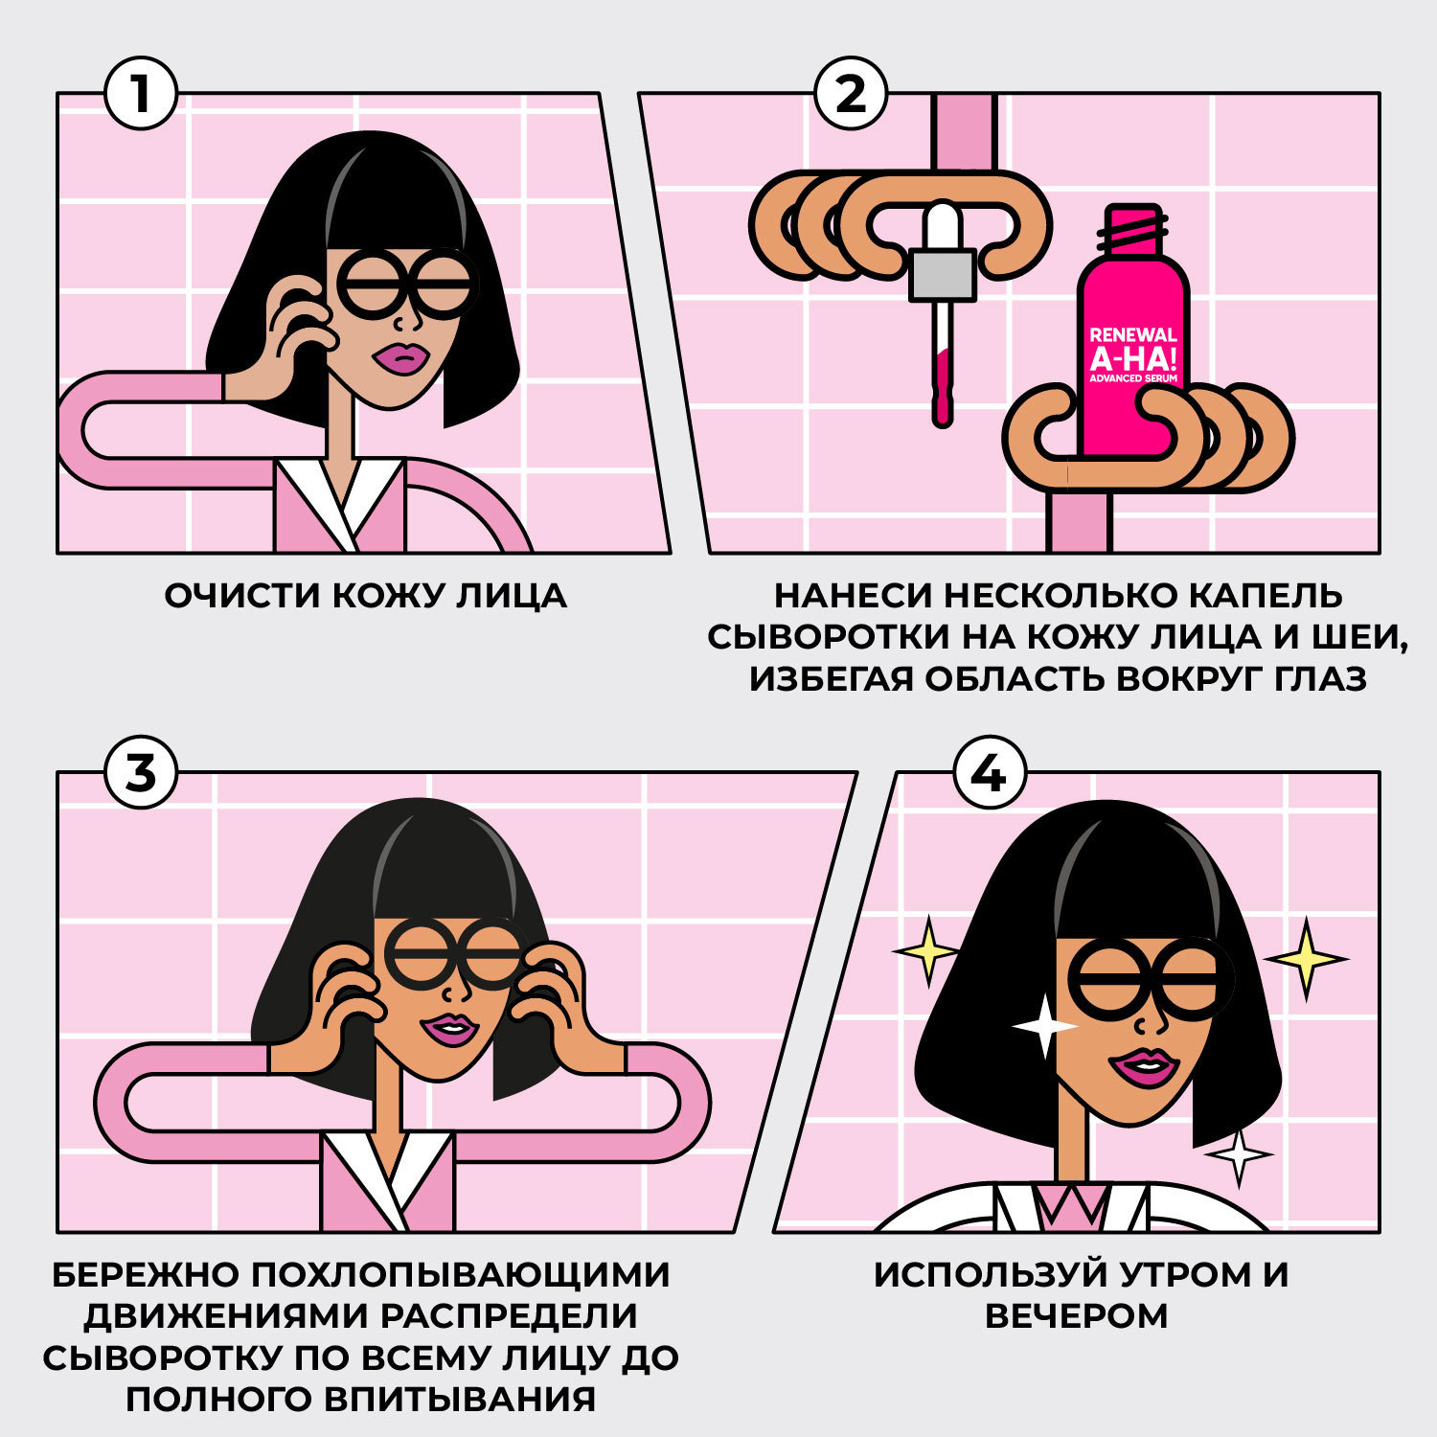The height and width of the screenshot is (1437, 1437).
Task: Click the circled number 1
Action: (141, 94)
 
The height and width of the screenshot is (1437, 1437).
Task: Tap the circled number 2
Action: (851, 94)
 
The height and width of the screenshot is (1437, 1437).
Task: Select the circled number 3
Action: (141, 772)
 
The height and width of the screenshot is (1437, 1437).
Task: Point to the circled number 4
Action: (990, 772)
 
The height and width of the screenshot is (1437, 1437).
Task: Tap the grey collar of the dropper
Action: (943, 274)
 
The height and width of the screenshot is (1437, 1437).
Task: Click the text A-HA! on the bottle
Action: (1133, 358)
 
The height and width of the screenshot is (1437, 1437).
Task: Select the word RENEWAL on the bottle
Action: (1133, 335)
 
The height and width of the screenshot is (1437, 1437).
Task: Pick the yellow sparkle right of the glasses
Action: (1306, 958)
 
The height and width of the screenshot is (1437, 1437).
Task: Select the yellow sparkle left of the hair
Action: (926, 951)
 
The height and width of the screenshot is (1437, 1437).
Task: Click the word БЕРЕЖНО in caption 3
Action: (145, 1275)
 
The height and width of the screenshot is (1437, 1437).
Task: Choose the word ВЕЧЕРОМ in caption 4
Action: (1076, 1316)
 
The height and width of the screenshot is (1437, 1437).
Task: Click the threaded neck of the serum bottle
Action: (1133, 230)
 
